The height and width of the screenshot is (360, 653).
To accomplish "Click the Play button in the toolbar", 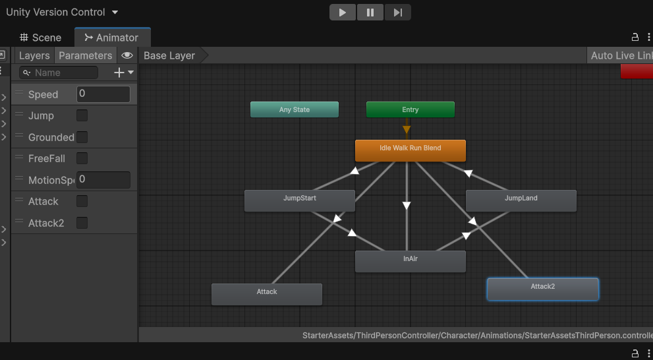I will click(x=343, y=12).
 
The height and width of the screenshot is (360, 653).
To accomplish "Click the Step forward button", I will click(x=397, y=12).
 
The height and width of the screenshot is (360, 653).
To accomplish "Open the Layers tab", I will click(x=34, y=55).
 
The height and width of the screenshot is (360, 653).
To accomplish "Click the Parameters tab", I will click(x=86, y=55).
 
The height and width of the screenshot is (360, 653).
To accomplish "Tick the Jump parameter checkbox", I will click(x=82, y=115).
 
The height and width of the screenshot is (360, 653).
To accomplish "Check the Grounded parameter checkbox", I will click(x=82, y=137).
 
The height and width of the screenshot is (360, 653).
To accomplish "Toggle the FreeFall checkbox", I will click(x=82, y=158).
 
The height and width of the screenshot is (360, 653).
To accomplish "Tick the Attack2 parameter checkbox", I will click(x=82, y=223).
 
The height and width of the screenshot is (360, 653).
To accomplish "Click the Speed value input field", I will click(x=103, y=94).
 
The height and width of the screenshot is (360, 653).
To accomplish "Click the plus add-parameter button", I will click(x=119, y=73).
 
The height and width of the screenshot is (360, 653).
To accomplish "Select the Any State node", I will click(x=295, y=109).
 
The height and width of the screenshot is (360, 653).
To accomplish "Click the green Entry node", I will click(x=411, y=109).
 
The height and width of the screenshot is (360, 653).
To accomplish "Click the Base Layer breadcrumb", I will click(x=169, y=55).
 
